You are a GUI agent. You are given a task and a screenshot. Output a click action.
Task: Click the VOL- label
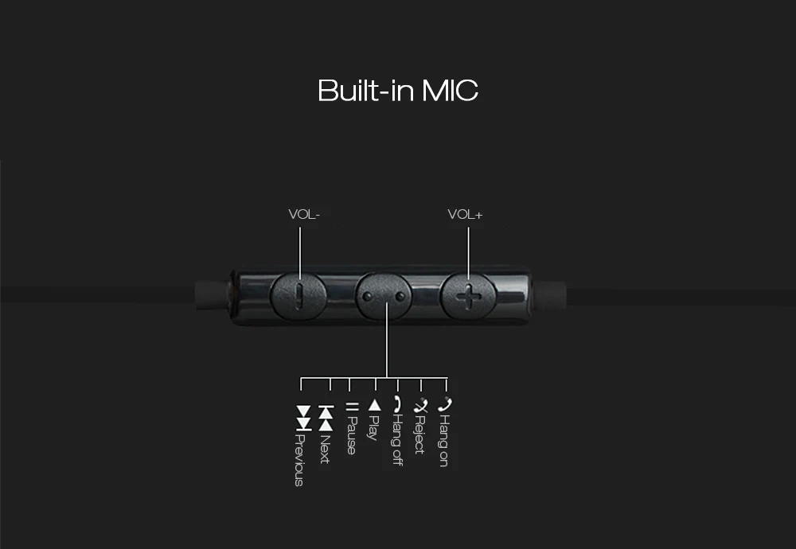303,214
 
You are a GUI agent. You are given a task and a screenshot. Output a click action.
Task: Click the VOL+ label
465,214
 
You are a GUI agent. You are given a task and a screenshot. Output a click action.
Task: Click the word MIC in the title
450,90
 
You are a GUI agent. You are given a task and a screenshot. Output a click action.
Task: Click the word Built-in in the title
365,90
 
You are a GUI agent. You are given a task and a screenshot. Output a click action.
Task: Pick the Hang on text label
444,440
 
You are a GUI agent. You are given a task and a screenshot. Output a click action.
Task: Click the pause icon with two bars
351,407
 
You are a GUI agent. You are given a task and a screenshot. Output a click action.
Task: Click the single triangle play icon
374,405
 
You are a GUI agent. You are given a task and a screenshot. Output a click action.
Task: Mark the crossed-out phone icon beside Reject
420,405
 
